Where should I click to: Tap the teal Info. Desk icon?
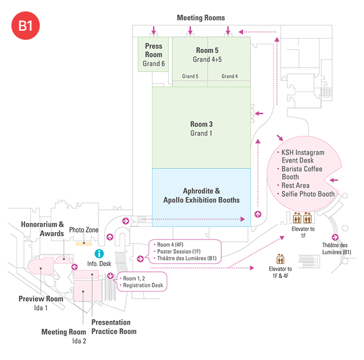[x=99, y=254]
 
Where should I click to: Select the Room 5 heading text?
[x=207, y=50]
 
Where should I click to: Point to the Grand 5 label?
[x=190, y=76]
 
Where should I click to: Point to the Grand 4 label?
[x=230, y=76]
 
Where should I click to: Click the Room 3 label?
[x=201, y=124]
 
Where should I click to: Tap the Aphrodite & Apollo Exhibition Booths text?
[x=201, y=196]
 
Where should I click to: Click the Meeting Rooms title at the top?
[x=201, y=18]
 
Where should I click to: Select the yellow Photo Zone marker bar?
[x=84, y=243]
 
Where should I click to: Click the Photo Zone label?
[x=85, y=230]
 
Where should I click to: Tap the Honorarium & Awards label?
[x=43, y=229]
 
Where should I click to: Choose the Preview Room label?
[x=40, y=299]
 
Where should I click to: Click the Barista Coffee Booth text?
[x=302, y=173]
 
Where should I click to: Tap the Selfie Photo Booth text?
[x=309, y=195]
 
